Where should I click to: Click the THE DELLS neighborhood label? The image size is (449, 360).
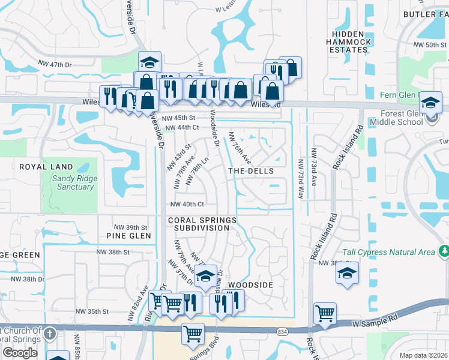point(251,171)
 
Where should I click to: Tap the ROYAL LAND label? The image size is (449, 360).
point(46,167)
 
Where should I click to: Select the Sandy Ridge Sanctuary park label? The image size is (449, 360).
point(73,182)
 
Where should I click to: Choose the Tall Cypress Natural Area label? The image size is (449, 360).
point(388,253)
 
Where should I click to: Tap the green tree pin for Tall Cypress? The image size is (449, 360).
point(444,251)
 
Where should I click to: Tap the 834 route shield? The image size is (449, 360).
point(282,331)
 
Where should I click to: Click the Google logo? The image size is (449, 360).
point(20,353)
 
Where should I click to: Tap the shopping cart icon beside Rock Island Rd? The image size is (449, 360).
point(325,313)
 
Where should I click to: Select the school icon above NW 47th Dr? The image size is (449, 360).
point(149,61)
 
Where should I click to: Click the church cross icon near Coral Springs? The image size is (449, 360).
point(49,333)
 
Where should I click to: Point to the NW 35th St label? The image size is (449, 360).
point(92,311)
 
